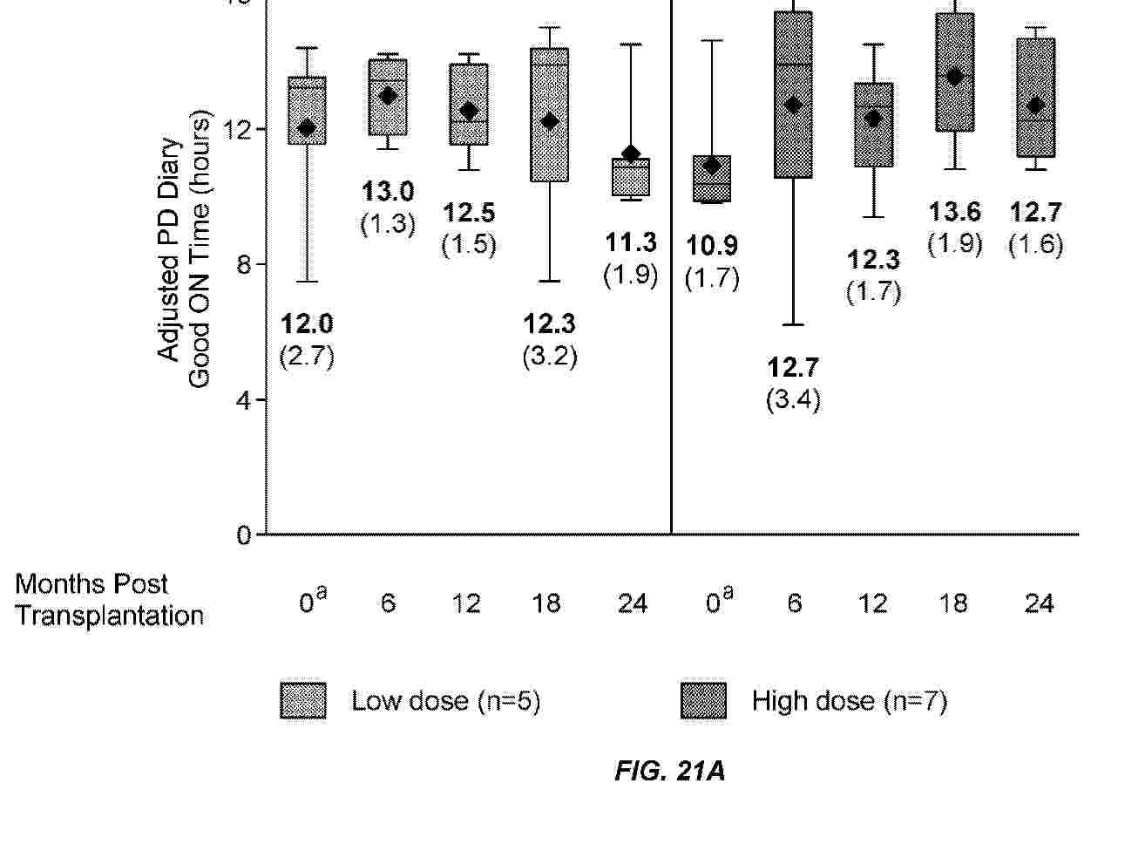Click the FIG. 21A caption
click(x=669, y=771)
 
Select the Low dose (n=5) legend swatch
click(x=303, y=700)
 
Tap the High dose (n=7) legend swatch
click(x=702, y=700)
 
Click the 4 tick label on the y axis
click(x=243, y=400)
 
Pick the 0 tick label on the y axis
click(x=243, y=535)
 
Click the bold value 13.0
click(x=388, y=192)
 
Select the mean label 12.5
click(x=469, y=213)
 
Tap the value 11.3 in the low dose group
click(x=631, y=242)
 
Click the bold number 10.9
click(x=712, y=246)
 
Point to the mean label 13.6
click(x=954, y=212)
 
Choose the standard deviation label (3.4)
click(x=793, y=399)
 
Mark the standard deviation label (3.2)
click(x=549, y=356)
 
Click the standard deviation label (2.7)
click(x=307, y=356)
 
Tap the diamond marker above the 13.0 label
click(x=389, y=96)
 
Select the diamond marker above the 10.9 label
click(x=712, y=165)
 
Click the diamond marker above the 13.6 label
click(x=955, y=77)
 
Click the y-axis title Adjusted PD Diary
click(x=169, y=249)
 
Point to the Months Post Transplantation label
click(x=109, y=600)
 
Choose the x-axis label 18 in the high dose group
click(x=953, y=603)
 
